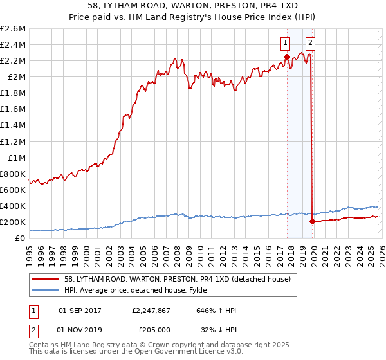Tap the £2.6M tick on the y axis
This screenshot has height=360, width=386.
tap(14, 29)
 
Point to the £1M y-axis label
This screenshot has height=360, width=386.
tap(17, 157)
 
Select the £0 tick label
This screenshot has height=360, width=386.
tap(21, 238)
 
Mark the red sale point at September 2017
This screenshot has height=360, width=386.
tap(286, 57)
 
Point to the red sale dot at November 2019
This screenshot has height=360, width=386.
tap(311, 221)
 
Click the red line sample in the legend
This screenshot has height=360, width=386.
tap(46, 279)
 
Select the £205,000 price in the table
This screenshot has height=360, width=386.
tap(152, 328)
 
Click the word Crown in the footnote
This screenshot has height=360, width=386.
tap(145, 346)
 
